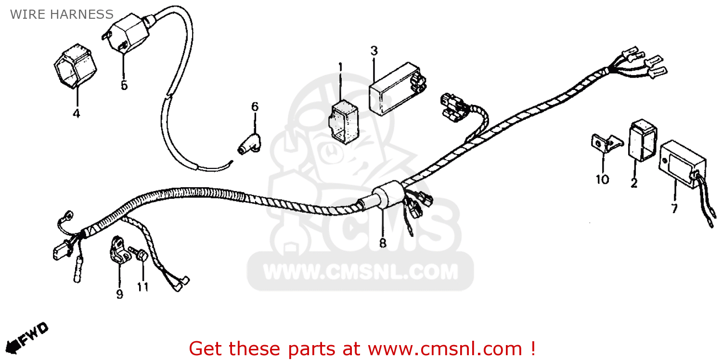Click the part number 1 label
[340, 66]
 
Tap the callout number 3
[374, 51]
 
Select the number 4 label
[76, 114]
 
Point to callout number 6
[255, 106]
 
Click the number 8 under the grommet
[383, 243]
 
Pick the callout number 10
[602, 180]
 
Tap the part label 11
[142, 287]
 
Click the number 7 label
[674, 208]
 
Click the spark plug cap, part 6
[249, 142]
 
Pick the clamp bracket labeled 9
[118, 249]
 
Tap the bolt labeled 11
[140, 255]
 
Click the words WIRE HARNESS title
[62, 14]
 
